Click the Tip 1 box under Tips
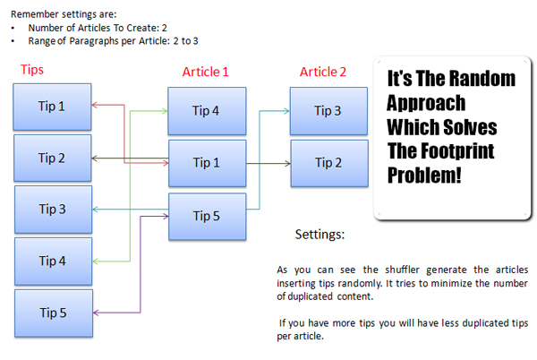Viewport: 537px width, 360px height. tap(52, 107)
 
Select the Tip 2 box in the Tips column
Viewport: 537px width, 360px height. tap(53, 158)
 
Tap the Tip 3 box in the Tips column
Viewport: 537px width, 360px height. tap(53, 210)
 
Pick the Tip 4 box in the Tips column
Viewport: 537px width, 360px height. tap(53, 261)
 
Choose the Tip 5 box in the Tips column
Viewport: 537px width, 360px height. tap(54, 313)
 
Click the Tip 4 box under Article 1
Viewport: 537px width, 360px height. tap(207, 111)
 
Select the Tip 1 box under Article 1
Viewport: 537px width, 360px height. tap(208, 163)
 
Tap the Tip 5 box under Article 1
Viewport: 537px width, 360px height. tap(208, 217)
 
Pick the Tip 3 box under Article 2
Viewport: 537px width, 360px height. tap(328, 111)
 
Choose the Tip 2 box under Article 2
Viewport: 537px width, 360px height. tap(329, 163)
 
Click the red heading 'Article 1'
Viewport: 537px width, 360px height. tap(205, 72)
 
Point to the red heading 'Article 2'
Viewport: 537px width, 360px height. tap(323, 72)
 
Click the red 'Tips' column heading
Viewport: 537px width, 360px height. tap(32, 70)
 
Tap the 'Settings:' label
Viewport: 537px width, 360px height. tap(320, 235)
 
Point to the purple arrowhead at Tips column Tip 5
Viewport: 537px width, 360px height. tap(96, 313)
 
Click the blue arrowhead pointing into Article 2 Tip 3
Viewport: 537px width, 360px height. tap(287, 111)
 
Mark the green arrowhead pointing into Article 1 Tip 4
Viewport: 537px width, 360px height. tap(165, 111)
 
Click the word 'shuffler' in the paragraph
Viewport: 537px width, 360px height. tap(402, 270)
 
